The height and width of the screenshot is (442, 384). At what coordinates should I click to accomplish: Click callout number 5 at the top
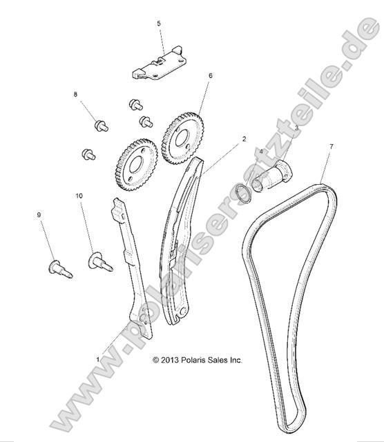pos(159,23)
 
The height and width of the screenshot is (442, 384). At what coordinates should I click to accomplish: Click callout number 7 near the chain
pos(331,147)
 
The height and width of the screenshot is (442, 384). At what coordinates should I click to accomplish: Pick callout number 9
pos(39,215)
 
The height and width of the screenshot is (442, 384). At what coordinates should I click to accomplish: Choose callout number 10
pos(79,197)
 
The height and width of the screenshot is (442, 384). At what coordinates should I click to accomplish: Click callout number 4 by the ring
pos(261,151)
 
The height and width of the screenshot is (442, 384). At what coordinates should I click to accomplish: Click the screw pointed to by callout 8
pos(101,125)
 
